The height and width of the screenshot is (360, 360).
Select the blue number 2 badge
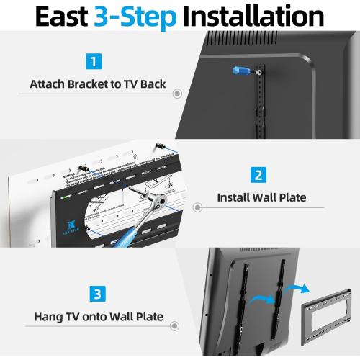coord(259,174)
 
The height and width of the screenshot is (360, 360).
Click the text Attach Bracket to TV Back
coord(97,84)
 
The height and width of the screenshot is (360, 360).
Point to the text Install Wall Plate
coord(261,197)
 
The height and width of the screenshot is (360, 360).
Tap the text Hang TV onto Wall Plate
coord(97,316)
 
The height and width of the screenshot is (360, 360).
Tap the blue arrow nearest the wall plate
coord(294,289)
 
